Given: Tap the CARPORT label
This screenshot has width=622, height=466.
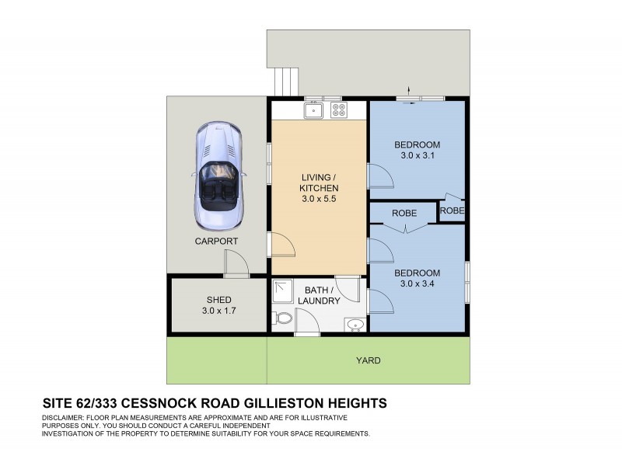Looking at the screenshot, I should coord(216,242).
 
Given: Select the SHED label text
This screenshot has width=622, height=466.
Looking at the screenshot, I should coord(218,300).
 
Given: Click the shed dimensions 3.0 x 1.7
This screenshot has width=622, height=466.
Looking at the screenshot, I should coord(218,311).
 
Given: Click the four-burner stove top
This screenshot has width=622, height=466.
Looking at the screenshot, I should coord(339,110).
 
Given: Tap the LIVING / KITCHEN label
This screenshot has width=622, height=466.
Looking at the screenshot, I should coord(319,183).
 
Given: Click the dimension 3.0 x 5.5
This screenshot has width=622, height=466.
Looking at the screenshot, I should coord(319,200).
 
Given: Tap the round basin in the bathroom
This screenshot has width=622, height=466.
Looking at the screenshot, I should coord(355,324).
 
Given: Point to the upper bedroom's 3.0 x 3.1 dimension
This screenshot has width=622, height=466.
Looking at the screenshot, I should coord(417,156).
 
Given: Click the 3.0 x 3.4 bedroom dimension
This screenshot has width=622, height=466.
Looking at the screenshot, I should coord(417,284).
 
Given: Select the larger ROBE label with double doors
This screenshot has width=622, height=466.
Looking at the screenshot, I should coord(404,213).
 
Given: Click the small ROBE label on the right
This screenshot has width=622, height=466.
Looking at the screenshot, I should coord(452,210).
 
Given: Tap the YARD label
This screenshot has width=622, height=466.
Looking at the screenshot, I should coord(368,360).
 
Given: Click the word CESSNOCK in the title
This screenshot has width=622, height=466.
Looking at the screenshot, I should coord(169,403).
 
